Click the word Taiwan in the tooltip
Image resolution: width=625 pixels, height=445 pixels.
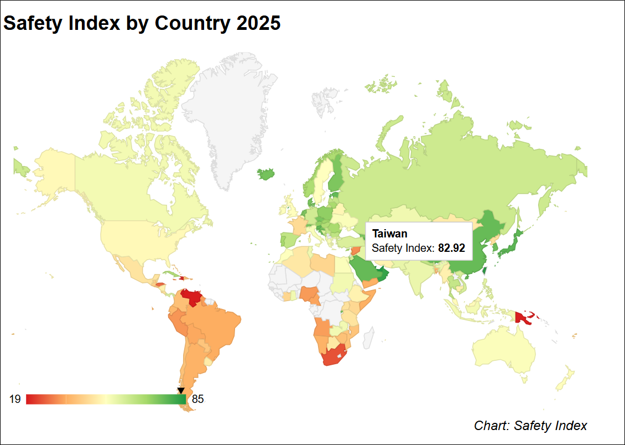[389, 234]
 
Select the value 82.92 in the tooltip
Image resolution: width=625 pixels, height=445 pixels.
[451, 248]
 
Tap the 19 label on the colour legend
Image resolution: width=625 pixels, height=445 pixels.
[15, 399]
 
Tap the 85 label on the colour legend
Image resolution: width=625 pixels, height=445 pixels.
[198, 399]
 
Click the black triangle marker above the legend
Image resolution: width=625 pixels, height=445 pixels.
[181, 391]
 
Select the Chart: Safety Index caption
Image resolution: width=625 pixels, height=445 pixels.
[530, 426]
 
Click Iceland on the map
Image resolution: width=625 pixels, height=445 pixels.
[267, 174]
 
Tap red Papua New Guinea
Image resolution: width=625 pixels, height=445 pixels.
[522, 317]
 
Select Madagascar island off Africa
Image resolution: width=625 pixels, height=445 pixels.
[367, 338]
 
